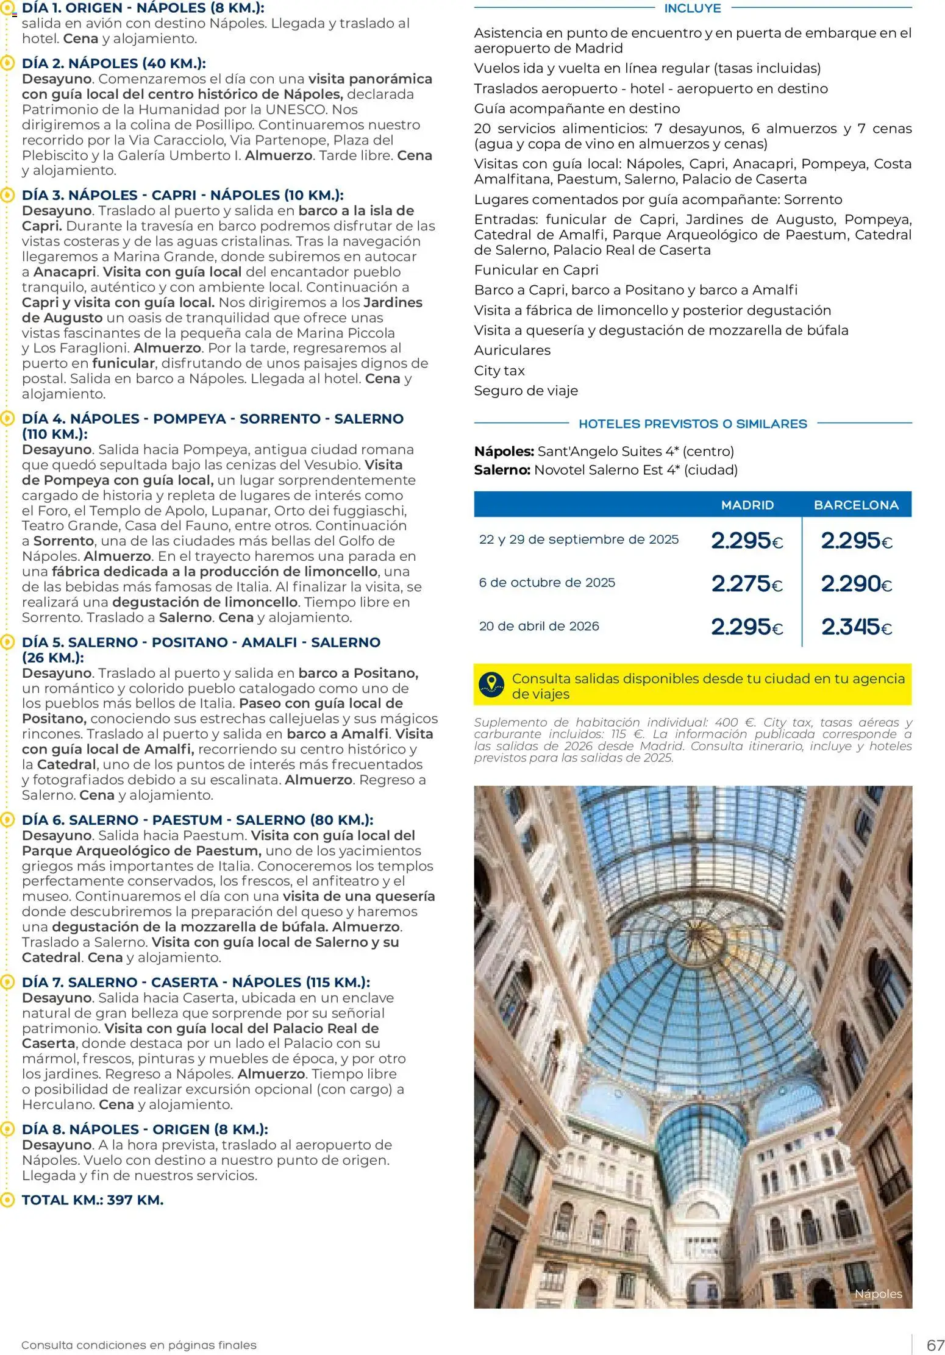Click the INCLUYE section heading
coord(692,9)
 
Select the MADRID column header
coord(747,505)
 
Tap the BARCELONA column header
coord(856,505)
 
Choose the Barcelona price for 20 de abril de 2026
coord(856,627)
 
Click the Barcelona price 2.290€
coord(856,584)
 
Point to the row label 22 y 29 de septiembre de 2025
coord(579,539)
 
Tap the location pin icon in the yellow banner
coord(491,685)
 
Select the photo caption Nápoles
coord(878,1293)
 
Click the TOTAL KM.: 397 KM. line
coord(93,1200)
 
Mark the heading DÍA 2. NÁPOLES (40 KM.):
coord(113,63)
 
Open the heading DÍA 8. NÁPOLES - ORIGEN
coord(144,1129)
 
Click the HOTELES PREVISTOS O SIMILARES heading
coord(693,424)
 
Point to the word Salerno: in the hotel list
coord(502,470)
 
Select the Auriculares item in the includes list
coord(512,350)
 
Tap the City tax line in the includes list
coord(499,371)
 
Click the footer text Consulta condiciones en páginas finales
coord(139,1345)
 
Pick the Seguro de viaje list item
coord(526,391)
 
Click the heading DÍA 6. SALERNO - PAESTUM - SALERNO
coord(198,820)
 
